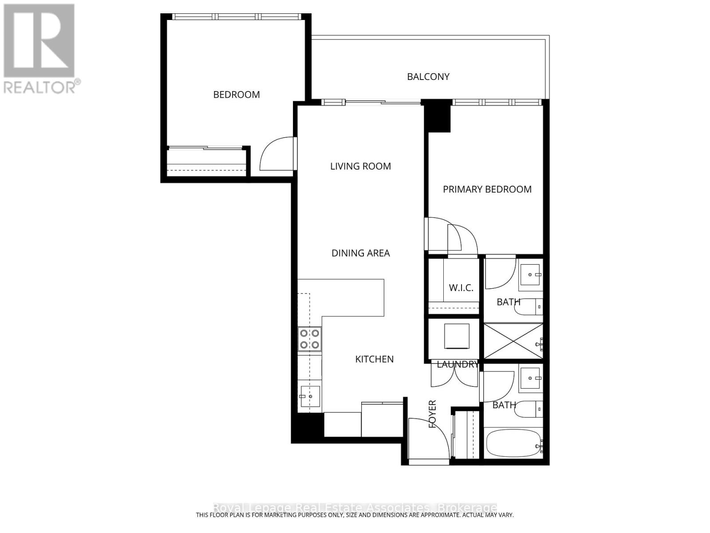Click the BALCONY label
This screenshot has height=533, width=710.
pos(428,77)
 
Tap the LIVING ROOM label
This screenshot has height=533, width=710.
pos(360,166)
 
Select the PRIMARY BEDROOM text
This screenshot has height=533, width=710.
pos(487,189)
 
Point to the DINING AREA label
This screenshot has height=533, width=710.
pos(360,253)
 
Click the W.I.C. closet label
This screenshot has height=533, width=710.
pos(461,288)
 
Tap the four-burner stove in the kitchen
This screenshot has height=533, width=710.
pos(309,339)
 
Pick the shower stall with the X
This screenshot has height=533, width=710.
pos(513,341)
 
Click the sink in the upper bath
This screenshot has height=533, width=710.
pos(530,275)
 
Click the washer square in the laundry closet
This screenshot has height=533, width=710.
pos(457,336)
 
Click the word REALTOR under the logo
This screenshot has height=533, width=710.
pos(40,87)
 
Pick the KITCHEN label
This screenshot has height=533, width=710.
pos(374,359)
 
